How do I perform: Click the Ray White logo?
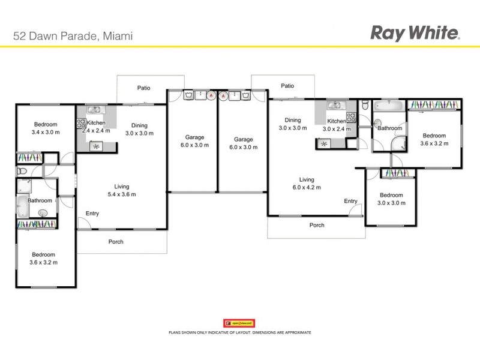pyautogui.click(x=415, y=32)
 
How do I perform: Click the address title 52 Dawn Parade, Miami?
pyautogui.click(x=73, y=35)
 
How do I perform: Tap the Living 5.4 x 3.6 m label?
pyautogui.click(x=122, y=190)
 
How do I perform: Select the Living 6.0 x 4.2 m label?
pyautogui.click(x=307, y=183)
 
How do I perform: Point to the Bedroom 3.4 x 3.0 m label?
pyautogui.click(x=46, y=128)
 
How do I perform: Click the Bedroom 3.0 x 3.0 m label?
pyautogui.click(x=391, y=199)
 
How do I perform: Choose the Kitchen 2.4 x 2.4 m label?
pyautogui.click(x=96, y=127)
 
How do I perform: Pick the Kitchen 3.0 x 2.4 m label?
pyautogui.click(x=337, y=125)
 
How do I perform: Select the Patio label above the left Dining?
pyautogui.click(x=143, y=88)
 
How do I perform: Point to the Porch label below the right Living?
pyautogui.click(x=317, y=226)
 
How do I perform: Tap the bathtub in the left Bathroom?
pyautogui.click(x=22, y=206)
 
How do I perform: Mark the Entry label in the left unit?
pyautogui.click(x=92, y=214)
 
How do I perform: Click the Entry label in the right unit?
pyautogui.click(x=350, y=201)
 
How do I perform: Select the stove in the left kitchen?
pyautogui.click(x=80, y=124)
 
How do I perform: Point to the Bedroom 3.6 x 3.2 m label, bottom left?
pyautogui.click(x=44, y=258)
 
